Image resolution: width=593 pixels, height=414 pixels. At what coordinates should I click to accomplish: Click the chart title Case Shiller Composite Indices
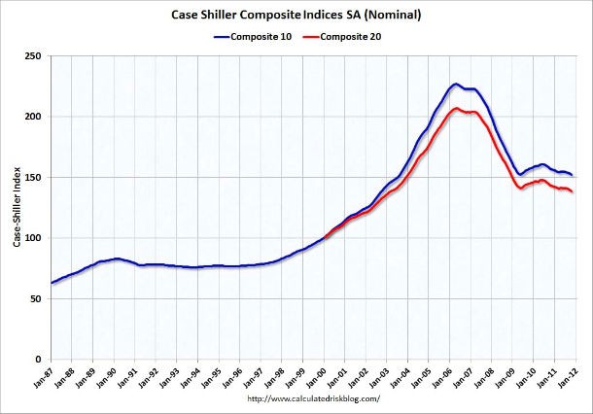point(296,15)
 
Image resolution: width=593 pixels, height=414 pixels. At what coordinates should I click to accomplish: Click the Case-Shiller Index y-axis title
point(17,208)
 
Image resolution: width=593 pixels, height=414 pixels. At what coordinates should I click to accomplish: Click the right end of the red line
point(572,191)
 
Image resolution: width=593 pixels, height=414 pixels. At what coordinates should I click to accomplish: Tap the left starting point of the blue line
point(52,283)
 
